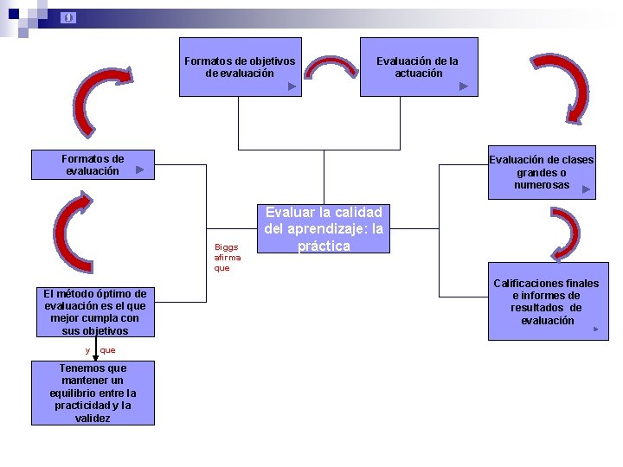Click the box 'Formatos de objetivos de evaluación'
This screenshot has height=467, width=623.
pyautogui.click(x=240, y=67)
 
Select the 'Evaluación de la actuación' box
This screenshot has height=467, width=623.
pyautogui.click(x=419, y=67)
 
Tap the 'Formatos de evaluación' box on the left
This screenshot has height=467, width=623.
pyautogui.click(x=93, y=164)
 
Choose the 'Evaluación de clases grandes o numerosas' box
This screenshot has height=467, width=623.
pyautogui.click(x=542, y=172)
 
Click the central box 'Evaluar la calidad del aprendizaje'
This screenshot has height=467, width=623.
pyautogui.click(x=324, y=228)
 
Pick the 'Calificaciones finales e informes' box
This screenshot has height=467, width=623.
pyautogui.click(x=546, y=302)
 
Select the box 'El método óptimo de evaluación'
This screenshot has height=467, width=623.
pyautogui.click(x=95, y=312)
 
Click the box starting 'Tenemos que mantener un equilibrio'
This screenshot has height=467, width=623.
pyautogui.click(x=93, y=393)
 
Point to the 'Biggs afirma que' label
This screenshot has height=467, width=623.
pyautogui.click(x=228, y=257)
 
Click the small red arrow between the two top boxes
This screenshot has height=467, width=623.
pyautogui.click(x=331, y=72)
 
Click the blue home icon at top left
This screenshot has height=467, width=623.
pyautogui.click(x=69, y=17)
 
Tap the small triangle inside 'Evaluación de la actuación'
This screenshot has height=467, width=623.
pyautogui.click(x=464, y=86)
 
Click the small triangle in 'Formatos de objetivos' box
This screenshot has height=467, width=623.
pyautogui.click(x=292, y=86)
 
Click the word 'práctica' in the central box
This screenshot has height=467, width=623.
pyautogui.click(x=324, y=246)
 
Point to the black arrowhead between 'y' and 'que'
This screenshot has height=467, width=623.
pyautogui.click(x=95, y=355)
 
